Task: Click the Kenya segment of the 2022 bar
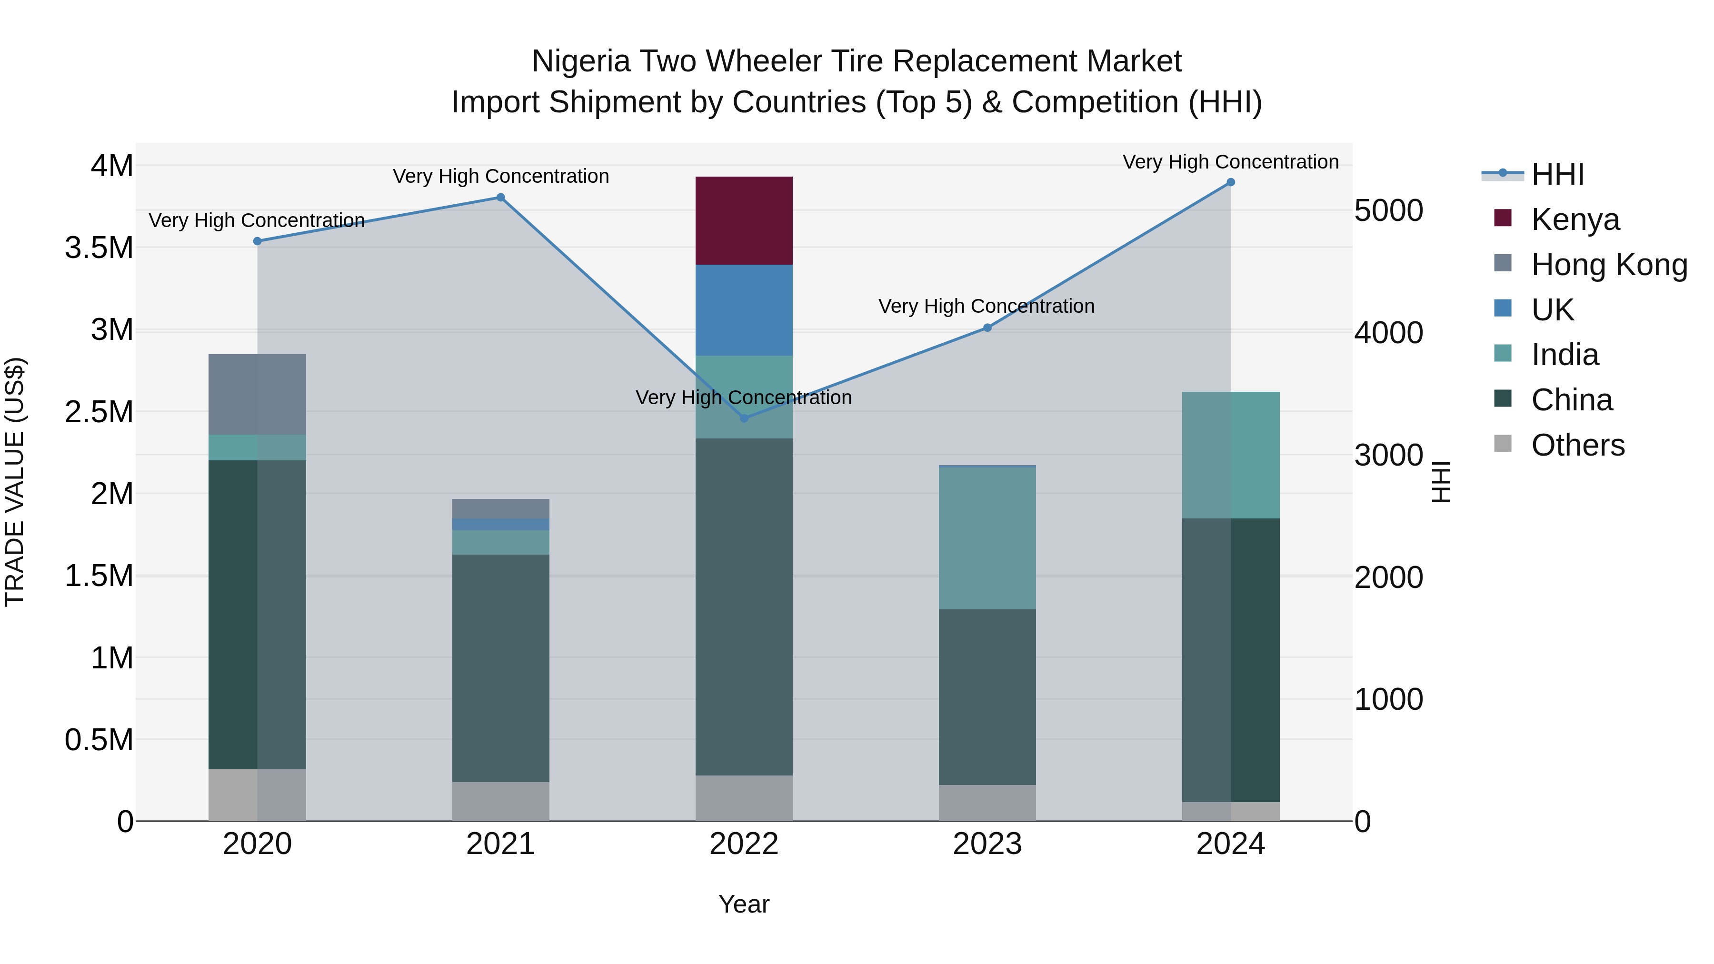744,220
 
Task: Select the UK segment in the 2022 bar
744,310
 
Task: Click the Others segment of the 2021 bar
501,801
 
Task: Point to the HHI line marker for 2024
1230,182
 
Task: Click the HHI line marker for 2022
744,418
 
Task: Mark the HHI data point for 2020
258,241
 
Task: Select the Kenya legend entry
1574,219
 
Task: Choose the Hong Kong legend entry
1608,265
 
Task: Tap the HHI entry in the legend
1557,174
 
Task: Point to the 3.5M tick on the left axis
99,248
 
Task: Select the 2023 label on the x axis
987,844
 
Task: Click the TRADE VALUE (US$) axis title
15,482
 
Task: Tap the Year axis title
744,904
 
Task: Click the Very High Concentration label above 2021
501,176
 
